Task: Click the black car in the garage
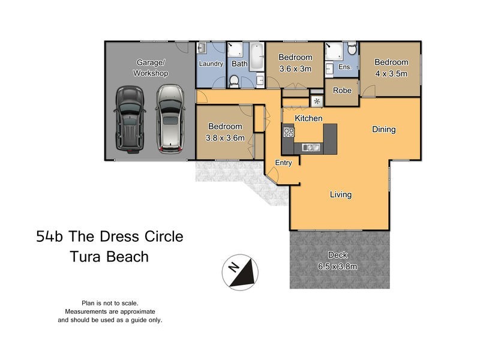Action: coord(128,119)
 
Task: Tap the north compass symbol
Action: coord(240,272)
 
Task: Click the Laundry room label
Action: coord(211,64)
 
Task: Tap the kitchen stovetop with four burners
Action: coord(288,133)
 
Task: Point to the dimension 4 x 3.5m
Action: coord(391,73)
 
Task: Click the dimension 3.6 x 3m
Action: coord(295,68)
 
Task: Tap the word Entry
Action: coord(283,163)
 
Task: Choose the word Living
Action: coord(340,194)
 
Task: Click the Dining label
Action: coord(383,129)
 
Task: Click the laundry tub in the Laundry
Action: coord(202,48)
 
